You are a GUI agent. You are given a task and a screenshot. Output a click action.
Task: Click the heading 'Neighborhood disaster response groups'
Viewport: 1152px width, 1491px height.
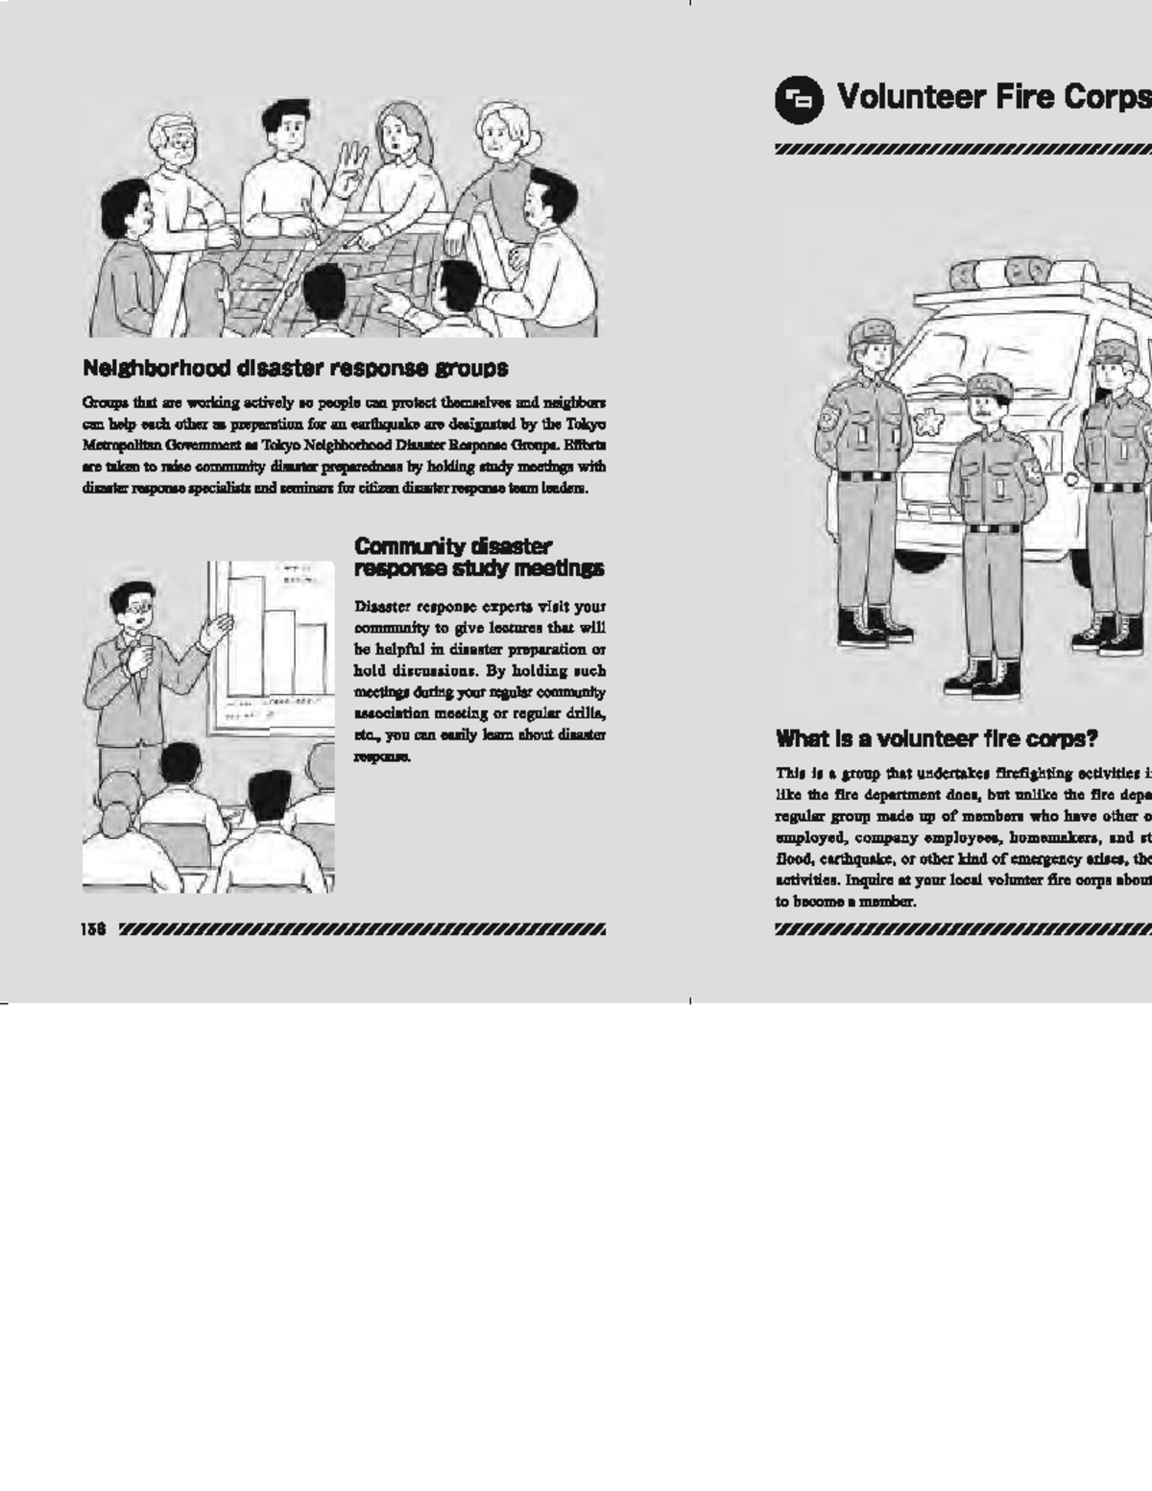coord(295,369)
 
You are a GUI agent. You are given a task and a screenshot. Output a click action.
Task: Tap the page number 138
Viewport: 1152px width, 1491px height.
coord(93,929)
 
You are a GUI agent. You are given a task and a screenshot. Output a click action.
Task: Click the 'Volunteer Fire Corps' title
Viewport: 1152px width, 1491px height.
coord(994,97)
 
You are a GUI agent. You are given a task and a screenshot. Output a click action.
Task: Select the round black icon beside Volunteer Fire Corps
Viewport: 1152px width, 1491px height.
coord(799,99)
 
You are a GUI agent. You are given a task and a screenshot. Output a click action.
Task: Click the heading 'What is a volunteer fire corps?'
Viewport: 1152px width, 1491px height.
coord(936,739)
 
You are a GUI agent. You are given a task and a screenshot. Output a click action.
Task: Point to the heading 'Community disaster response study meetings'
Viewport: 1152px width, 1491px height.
coord(478,558)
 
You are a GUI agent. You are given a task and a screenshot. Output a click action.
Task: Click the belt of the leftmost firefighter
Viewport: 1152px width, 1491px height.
coord(864,475)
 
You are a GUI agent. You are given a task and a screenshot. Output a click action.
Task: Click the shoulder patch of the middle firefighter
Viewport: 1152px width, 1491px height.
coord(1032,469)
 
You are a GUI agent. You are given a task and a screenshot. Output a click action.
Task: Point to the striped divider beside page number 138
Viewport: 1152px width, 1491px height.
coord(362,929)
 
